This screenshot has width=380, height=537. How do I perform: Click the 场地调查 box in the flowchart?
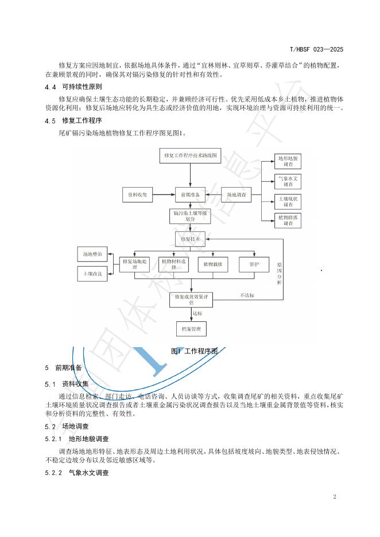click(237, 195)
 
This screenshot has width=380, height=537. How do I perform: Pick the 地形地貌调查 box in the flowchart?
click(288, 161)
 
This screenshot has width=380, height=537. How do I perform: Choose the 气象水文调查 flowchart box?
click(288, 181)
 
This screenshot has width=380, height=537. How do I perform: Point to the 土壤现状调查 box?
click(288, 201)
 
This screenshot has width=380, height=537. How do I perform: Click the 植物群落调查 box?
click(288, 221)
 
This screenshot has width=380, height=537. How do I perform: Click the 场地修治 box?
click(92, 253)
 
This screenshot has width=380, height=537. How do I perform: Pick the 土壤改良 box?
click(92, 274)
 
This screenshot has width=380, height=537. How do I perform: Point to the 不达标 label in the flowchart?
click(248, 296)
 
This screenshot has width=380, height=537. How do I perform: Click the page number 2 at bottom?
click(335, 496)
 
